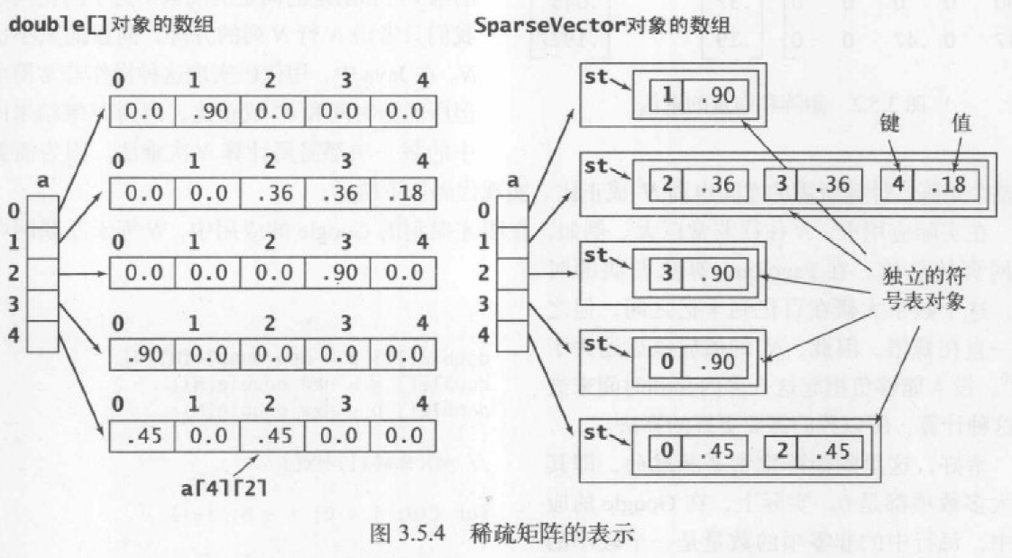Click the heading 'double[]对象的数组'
coord(82,24)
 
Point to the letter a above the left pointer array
coord(43,181)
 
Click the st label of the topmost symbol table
coord(596,77)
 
